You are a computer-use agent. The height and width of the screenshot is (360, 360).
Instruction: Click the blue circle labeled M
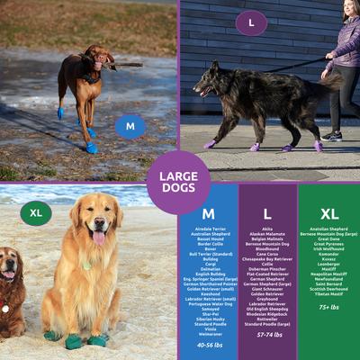click(130, 126)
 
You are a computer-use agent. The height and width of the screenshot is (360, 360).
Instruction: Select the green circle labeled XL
click(36, 213)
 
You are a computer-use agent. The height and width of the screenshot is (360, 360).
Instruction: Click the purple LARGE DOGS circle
click(178, 182)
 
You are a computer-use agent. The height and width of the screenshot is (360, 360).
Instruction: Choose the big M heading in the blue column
click(208, 214)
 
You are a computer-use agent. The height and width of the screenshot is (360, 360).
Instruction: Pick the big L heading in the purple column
click(267, 214)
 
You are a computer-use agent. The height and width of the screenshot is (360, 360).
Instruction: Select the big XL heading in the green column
click(329, 214)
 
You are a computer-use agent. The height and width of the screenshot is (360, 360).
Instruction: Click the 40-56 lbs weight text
click(208, 345)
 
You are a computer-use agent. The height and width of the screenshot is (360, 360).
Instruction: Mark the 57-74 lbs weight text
click(267, 334)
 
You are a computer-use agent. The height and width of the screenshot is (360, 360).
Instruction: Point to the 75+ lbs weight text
click(329, 306)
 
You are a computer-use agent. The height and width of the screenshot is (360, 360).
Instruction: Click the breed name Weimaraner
click(208, 334)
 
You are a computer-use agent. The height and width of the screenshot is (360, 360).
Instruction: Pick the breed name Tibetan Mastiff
click(329, 292)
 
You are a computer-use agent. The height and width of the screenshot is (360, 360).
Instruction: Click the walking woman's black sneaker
click(332, 136)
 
